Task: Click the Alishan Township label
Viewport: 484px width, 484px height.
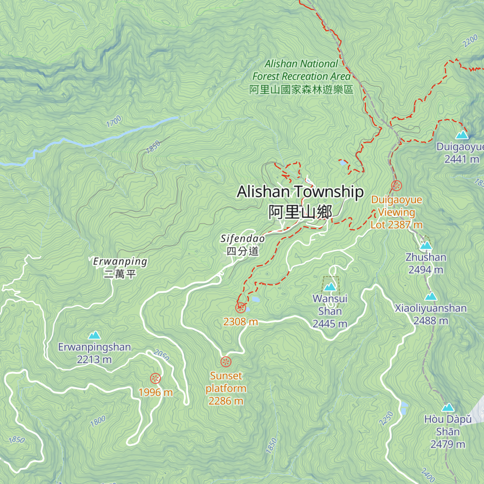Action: click(300, 192)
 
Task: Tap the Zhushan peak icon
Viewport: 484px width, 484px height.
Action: click(426, 245)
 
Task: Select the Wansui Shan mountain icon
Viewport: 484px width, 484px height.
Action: click(330, 287)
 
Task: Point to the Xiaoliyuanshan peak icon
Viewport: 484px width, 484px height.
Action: click(431, 296)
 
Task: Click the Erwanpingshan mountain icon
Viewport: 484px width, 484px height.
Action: click(94, 335)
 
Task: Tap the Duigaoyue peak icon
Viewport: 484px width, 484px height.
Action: click(462, 135)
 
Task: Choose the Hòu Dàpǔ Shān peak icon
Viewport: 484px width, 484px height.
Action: click(448, 407)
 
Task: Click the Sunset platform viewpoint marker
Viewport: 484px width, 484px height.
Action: click(226, 362)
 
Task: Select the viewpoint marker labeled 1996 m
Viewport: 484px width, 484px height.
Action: click(155, 378)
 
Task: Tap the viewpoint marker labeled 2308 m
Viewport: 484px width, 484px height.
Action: click(241, 308)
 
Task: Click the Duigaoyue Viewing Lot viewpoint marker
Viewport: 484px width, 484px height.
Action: click(396, 186)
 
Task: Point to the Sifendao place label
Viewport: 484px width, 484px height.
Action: click(242, 239)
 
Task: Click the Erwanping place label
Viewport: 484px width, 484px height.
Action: click(120, 262)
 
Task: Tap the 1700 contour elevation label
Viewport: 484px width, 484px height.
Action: click(114, 121)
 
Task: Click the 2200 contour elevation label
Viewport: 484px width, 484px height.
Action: click(470, 42)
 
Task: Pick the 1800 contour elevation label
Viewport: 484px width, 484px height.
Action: click(98, 421)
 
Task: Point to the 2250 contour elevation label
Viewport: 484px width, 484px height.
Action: click(386, 418)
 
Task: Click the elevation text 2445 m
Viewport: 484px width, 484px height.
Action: click(330, 324)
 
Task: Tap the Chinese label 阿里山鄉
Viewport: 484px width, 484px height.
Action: click(300, 212)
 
